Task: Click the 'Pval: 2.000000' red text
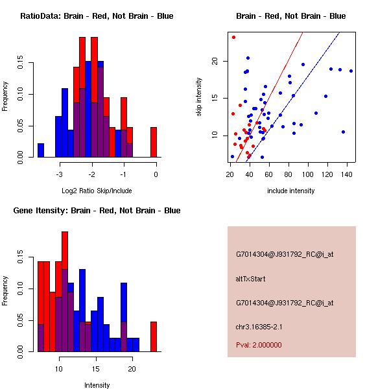pos(259,345)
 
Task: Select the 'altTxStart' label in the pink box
pos(250,279)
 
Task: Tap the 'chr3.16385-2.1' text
pos(259,326)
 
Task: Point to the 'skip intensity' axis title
pos(200,97)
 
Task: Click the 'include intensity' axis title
pos(291,191)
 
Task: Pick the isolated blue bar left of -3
pos(41,150)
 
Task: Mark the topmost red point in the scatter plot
pos(233,37)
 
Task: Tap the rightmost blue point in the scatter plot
pos(351,71)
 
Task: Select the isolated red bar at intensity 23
pos(154,336)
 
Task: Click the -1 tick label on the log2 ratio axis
pos(123,174)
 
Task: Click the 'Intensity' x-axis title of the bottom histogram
pos(97,385)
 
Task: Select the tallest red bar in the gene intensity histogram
pos(65,292)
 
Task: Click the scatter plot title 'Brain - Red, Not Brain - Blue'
pos(291,16)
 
